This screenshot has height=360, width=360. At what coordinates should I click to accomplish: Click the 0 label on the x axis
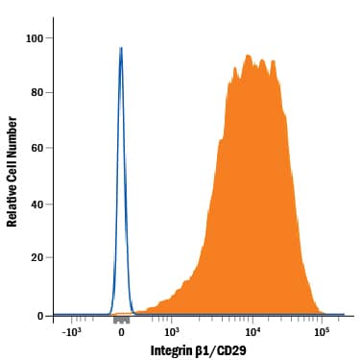point(121,333)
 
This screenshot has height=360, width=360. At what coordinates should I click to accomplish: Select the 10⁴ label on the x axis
point(252,332)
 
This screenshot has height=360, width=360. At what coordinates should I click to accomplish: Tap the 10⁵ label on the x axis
point(322,332)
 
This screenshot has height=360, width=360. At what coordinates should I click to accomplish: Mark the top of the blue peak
point(121,47)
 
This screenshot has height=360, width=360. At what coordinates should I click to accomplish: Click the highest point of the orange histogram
point(247,55)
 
